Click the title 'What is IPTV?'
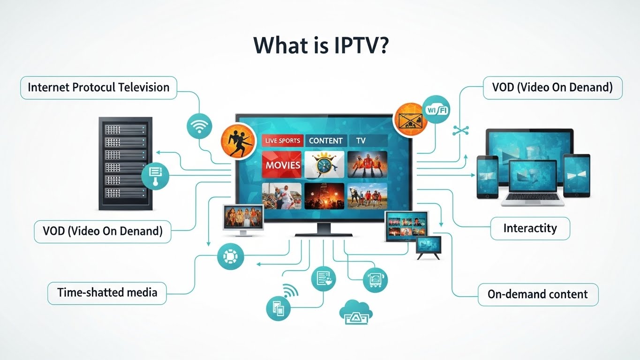click(x=320, y=45)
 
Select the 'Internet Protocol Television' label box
click(x=98, y=88)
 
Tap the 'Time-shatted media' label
click(x=107, y=293)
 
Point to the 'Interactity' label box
click(x=530, y=229)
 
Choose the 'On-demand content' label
click(x=537, y=294)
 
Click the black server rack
click(x=125, y=163)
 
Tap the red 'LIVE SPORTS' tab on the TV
click(x=282, y=141)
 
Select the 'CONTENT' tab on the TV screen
click(x=326, y=141)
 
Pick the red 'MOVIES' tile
click(x=282, y=165)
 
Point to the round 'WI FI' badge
click(x=436, y=110)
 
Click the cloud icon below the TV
click(x=355, y=312)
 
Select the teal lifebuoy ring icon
click(x=231, y=256)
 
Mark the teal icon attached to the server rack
click(x=155, y=176)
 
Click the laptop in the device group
click(x=533, y=183)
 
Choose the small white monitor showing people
click(x=243, y=219)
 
